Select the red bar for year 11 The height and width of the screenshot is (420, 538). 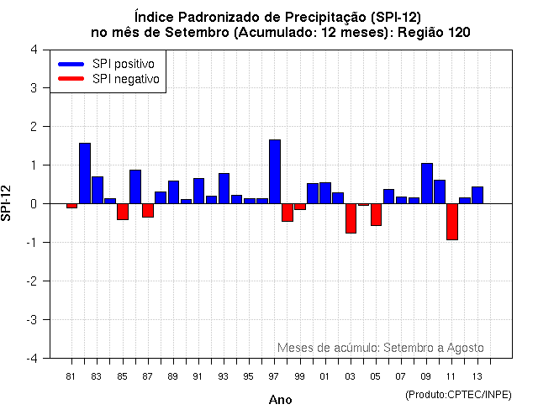[x=451, y=222]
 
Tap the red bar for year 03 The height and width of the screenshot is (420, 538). [x=351, y=218]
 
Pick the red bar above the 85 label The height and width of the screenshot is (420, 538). [x=123, y=212]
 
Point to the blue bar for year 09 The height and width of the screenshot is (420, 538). [x=426, y=183]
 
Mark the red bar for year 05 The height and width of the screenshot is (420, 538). [x=376, y=215]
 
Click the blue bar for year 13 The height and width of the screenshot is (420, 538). [x=477, y=195]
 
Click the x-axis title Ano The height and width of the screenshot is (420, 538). [x=281, y=400]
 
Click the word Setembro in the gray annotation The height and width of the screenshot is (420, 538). [x=403, y=348]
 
